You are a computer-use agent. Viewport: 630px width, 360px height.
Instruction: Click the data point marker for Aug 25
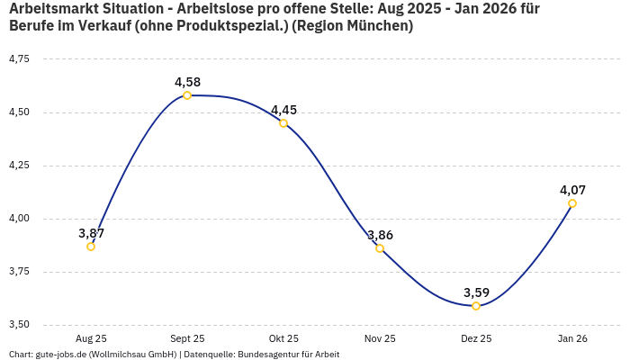91,247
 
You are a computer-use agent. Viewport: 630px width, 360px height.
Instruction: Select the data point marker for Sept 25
187,95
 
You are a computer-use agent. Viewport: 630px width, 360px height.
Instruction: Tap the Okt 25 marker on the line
283,123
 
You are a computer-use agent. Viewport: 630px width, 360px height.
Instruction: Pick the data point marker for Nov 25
380,248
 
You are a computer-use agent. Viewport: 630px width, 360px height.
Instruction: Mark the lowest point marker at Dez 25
476,306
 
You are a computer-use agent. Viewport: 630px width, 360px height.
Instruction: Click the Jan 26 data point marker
572,203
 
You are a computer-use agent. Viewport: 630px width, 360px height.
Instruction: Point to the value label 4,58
187,82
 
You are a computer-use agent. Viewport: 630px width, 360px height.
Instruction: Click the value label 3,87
91,233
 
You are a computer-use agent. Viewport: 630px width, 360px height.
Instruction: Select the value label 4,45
283,110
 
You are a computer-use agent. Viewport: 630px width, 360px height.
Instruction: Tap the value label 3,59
476,292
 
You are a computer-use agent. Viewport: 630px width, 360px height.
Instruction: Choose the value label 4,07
572,190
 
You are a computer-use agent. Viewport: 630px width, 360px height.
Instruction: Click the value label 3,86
380,235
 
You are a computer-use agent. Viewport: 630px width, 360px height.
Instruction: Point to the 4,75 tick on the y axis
19,59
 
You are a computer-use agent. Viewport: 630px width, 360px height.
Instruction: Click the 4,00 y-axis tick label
19,219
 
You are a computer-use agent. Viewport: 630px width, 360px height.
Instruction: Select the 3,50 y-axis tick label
19,325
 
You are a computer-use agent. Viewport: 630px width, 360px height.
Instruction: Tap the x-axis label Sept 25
187,338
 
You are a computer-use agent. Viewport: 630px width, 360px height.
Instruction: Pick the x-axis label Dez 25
476,338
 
